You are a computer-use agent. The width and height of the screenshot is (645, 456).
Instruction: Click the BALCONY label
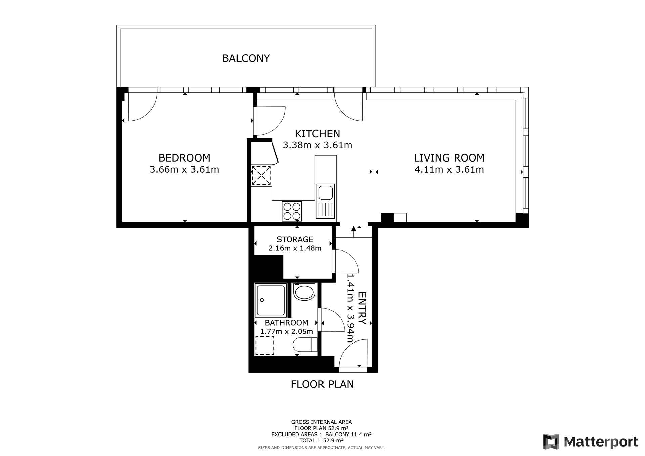coord(246,58)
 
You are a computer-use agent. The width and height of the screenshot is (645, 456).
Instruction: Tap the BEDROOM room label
coord(184,158)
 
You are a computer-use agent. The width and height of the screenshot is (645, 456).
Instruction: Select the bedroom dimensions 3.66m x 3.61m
coord(184,169)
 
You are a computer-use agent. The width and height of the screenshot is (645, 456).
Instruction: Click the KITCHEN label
coord(317,134)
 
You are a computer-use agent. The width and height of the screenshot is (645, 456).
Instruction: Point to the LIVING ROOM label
coord(449,158)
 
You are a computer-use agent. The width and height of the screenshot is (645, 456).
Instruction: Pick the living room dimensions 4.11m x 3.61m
coord(449,169)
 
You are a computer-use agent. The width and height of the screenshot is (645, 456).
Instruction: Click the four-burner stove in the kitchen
coord(292,211)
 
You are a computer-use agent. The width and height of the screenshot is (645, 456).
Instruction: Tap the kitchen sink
coord(325,201)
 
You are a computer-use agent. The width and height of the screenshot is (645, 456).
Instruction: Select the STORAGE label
coord(295,239)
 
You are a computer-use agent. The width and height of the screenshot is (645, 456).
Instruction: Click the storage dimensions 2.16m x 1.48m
coord(295,248)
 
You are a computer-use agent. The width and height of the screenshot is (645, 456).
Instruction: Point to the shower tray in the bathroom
coord(270,300)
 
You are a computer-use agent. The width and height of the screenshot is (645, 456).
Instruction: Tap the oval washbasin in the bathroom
coord(304,291)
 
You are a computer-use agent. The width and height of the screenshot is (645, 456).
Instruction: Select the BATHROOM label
coord(287,323)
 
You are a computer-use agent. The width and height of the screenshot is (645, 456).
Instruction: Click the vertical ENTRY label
coord(362,308)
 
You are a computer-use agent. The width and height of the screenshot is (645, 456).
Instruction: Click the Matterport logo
coord(590,442)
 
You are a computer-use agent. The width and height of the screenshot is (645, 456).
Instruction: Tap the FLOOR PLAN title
coord(322,384)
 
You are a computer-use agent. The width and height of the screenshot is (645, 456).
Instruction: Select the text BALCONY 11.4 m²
coord(348,434)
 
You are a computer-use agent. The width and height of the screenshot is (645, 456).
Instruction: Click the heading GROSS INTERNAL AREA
coord(321,422)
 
